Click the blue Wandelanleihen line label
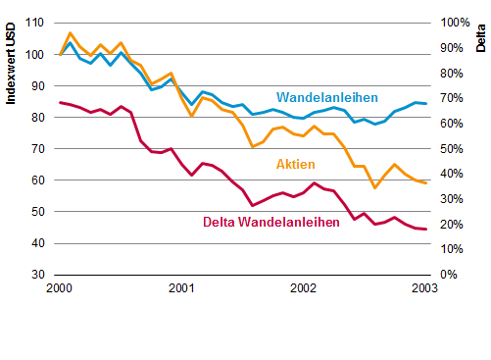coord(327,97)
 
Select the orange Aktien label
coord(296,164)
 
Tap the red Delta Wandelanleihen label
coord(271,222)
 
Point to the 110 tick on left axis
coord(34,23)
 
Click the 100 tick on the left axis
coord(34,54)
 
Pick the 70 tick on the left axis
coord(38,149)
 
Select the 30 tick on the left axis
coord(38,275)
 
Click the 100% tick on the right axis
coord(455,23)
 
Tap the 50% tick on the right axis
coord(452,149)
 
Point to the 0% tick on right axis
coord(449,275)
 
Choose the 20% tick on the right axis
coord(452,225)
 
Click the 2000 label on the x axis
coord(59,288)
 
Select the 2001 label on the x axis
coord(181,288)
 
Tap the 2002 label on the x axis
coord(303,288)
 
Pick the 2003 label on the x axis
coord(424,288)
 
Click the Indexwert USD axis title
coord(11,64)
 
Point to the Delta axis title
coord(480,38)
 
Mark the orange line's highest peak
coord(71,32)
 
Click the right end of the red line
coord(426,229)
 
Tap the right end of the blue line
coord(426,103)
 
